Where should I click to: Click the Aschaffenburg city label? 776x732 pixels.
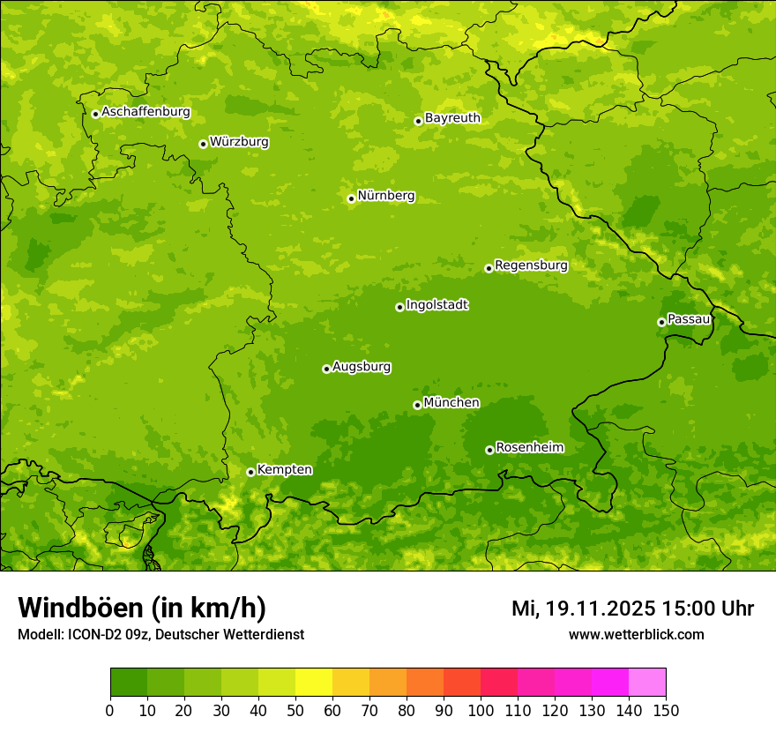(145, 112)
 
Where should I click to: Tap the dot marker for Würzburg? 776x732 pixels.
(203, 144)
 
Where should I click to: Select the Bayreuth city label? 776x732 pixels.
(452, 118)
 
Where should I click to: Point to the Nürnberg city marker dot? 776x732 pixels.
(351, 198)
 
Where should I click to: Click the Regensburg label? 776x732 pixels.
(531, 265)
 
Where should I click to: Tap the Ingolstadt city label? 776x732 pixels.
(436, 305)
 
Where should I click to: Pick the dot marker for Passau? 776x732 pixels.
(661, 322)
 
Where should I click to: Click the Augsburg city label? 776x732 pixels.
(362, 367)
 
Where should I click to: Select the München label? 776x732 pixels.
(451, 403)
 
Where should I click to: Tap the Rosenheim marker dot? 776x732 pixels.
(489, 451)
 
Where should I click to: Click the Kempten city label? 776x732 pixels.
(284, 470)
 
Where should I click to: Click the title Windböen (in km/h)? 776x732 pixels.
(141, 608)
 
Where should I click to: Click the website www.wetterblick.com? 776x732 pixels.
(636, 634)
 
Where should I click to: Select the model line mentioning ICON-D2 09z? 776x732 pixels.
(160, 634)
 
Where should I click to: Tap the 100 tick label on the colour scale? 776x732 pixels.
(481, 710)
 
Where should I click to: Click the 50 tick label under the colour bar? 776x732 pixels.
(295, 710)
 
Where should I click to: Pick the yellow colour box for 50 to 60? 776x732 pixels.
(313, 683)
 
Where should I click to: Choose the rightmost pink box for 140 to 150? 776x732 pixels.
(647, 683)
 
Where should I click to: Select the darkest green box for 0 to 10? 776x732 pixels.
(128, 683)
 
